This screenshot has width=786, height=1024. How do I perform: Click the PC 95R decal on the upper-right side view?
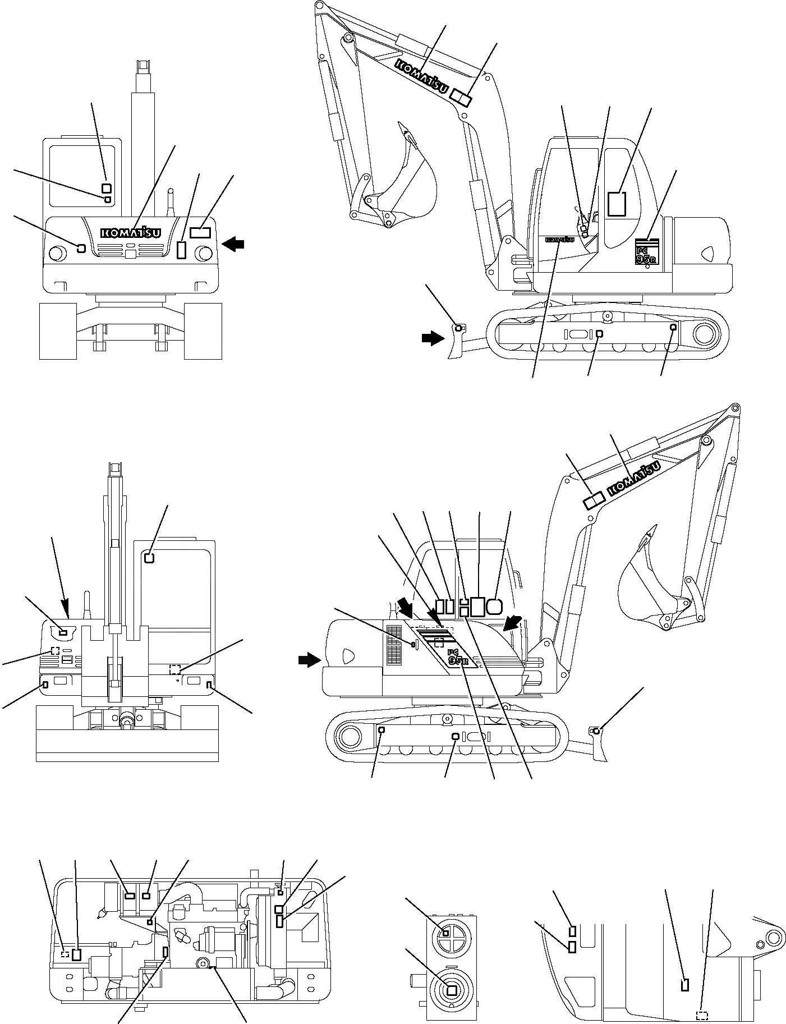click(646, 253)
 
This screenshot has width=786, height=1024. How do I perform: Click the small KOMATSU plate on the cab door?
click(559, 240)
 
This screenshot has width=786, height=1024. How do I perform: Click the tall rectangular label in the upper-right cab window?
click(617, 204)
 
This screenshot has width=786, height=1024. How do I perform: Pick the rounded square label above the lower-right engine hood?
click(495, 606)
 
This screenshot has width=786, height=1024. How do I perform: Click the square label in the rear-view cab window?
click(149, 558)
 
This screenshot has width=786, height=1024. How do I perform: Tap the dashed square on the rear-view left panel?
click(55, 651)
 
